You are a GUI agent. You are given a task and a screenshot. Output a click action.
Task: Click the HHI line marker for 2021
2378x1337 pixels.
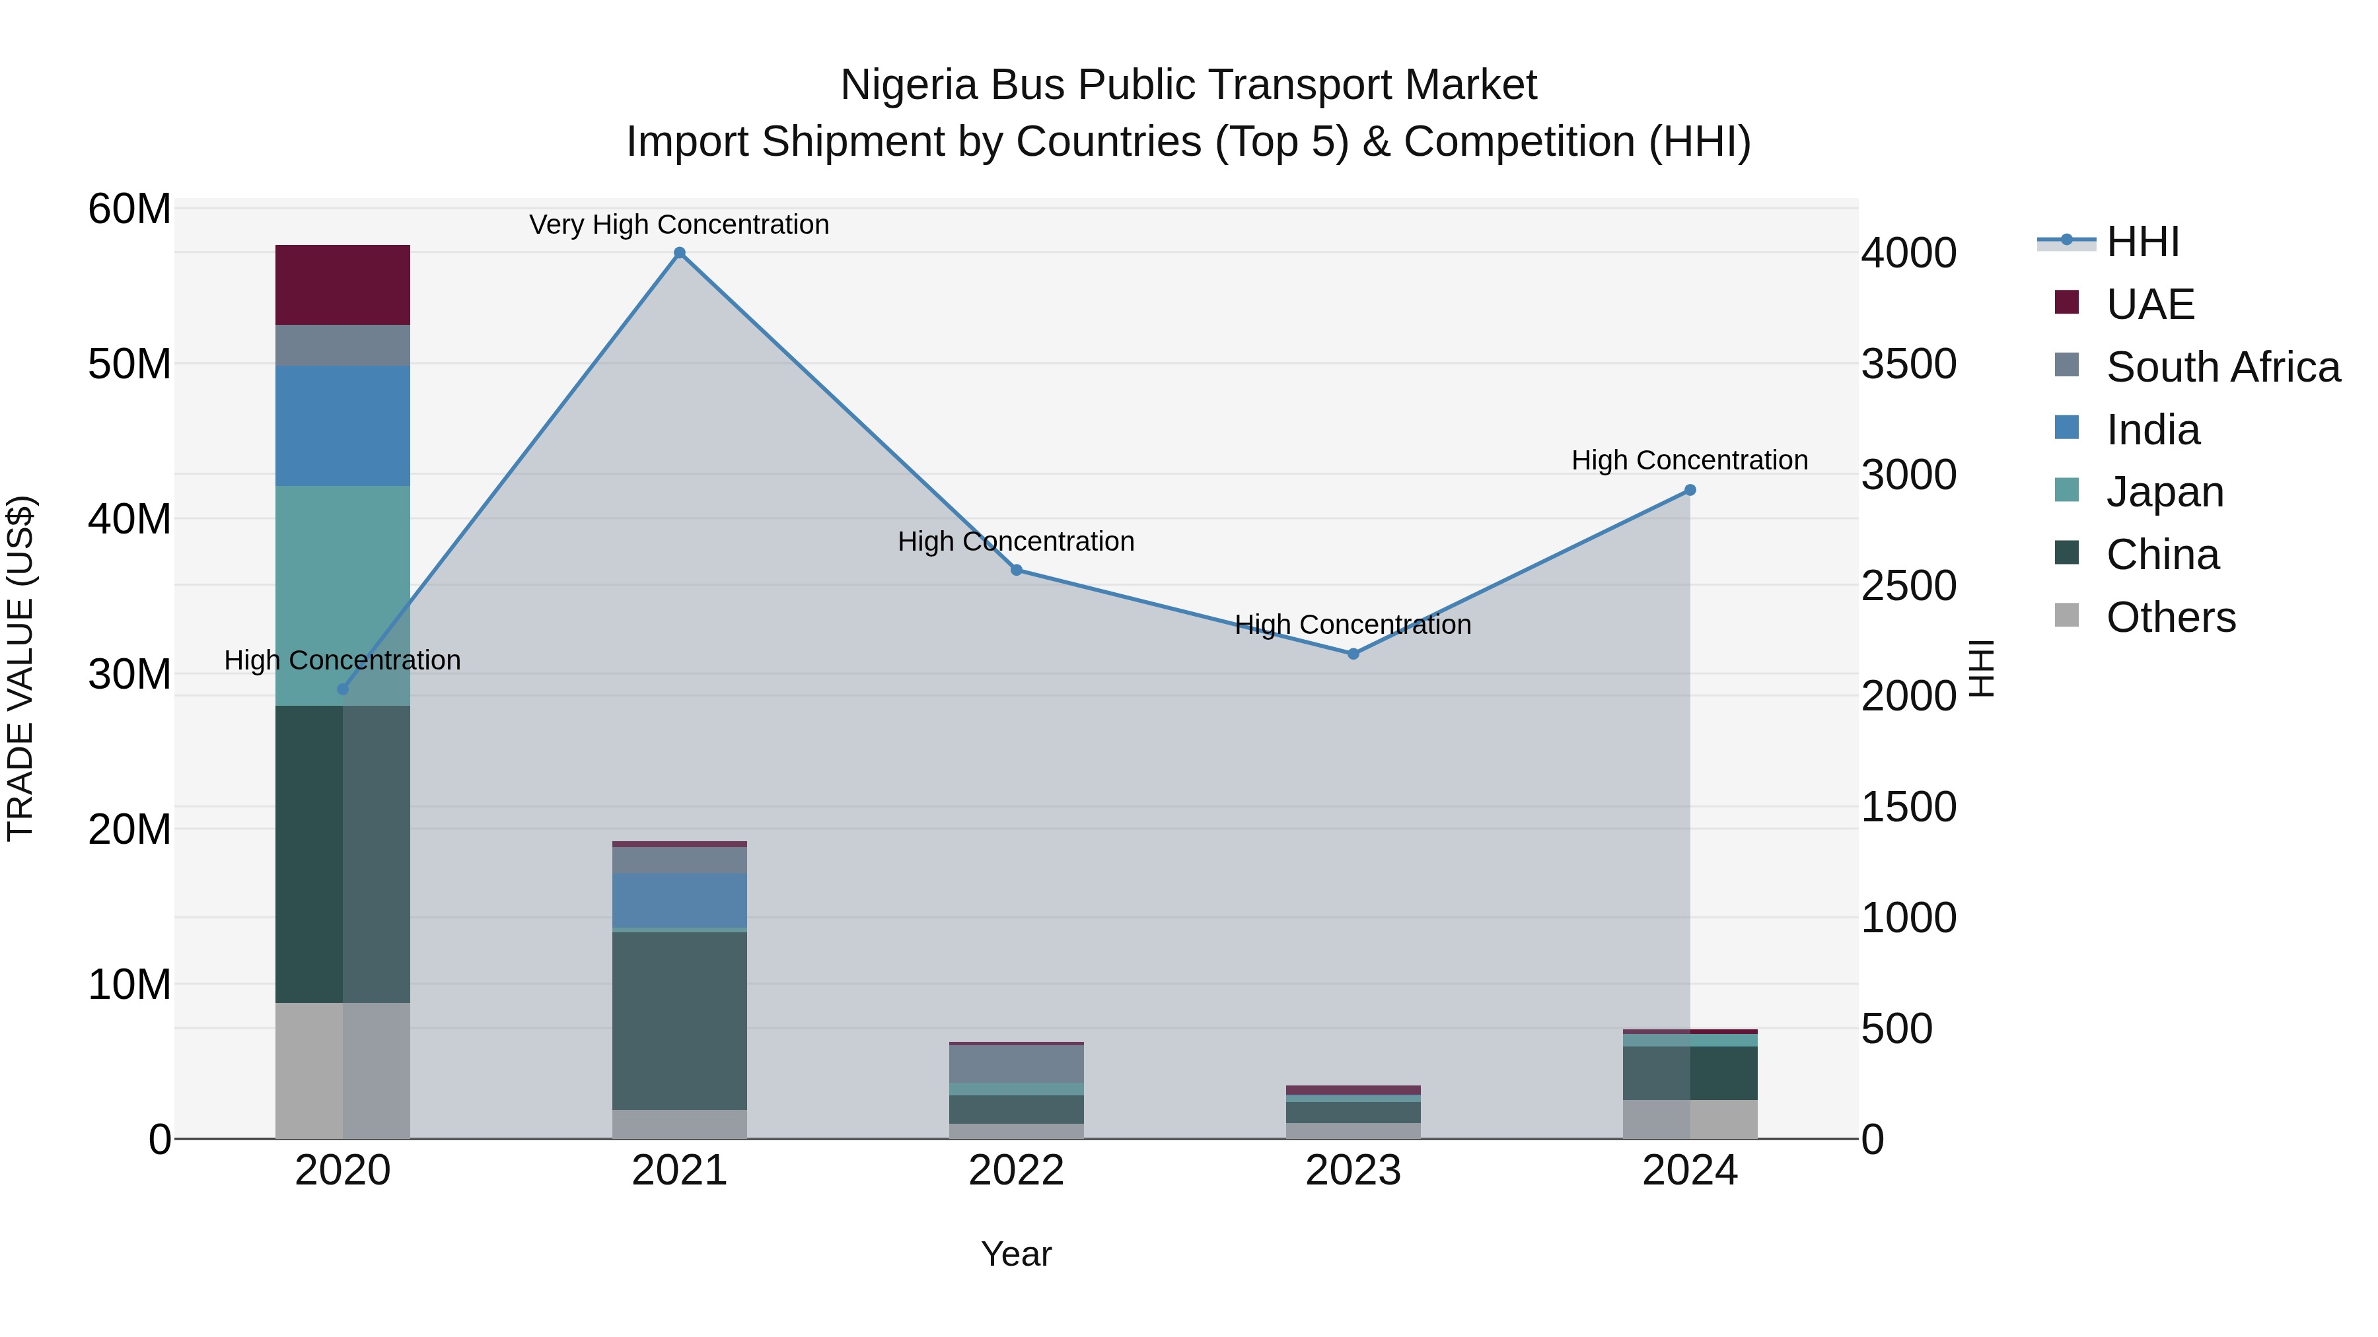pyautogui.click(x=680, y=253)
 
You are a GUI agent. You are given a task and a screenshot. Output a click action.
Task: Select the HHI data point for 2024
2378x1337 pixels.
pyautogui.click(x=1689, y=490)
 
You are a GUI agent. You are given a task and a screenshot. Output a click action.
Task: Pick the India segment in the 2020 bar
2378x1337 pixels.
pyautogui.click(x=342, y=425)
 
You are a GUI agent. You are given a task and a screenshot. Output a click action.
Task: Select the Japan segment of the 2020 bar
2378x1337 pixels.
pyautogui.click(x=342, y=595)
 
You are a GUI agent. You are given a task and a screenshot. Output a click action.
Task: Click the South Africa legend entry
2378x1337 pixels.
pyautogui.click(x=2222, y=367)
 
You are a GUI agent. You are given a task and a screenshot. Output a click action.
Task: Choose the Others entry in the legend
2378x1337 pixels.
pyautogui.click(x=2171, y=617)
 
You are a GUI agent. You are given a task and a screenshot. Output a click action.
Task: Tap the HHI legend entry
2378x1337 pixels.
pyautogui.click(x=2142, y=242)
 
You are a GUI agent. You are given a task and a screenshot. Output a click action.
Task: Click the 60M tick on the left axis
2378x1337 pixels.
pyautogui.click(x=129, y=209)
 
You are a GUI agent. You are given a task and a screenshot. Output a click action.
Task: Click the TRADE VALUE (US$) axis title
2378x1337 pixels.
pyautogui.click(x=21, y=668)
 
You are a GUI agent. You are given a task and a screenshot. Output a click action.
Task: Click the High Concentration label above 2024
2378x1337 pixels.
pyautogui.click(x=1688, y=460)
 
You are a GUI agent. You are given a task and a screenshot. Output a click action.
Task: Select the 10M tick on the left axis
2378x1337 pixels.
pyautogui.click(x=129, y=984)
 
